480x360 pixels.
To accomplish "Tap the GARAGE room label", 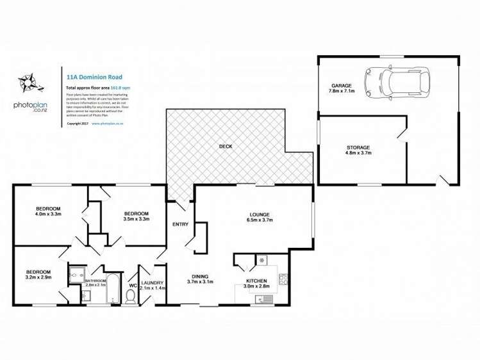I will pyautogui.click(x=340, y=85).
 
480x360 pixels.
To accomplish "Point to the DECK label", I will pyautogui.click(x=226, y=147).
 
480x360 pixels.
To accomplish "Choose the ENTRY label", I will pyautogui.click(x=180, y=224).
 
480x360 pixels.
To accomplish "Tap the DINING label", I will pyautogui.click(x=200, y=275).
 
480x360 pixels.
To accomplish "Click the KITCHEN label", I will pyautogui.click(x=257, y=281).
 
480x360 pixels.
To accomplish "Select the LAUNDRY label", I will pyautogui.click(x=153, y=282).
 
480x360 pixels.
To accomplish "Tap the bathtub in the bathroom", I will pyautogui.click(x=113, y=288).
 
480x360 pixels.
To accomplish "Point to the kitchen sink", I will pyautogui.click(x=264, y=299).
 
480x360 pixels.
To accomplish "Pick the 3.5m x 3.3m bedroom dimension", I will pyautogui.click(x=136, y=219).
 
